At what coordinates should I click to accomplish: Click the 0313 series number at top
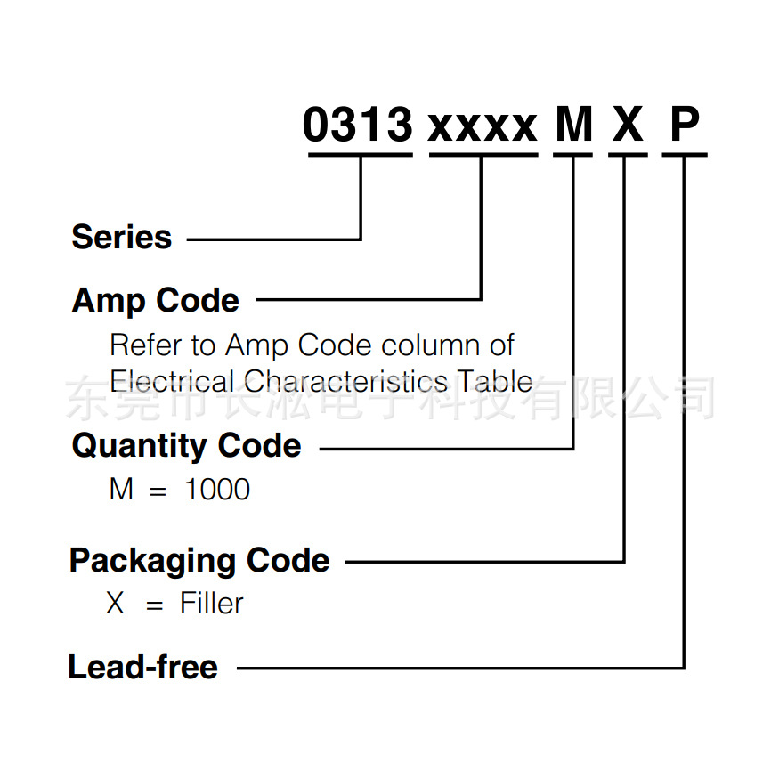click(x=358, y=125)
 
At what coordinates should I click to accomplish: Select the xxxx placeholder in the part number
click(x=483, y=127)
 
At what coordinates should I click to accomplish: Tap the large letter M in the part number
click(x=573, y=125)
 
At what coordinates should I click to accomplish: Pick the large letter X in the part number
click(x=628, y=125)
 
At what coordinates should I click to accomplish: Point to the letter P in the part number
click(x=685, y=125)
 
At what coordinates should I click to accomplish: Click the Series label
click(x=121, y=238)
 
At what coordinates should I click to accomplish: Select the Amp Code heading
click(x=155, y=301)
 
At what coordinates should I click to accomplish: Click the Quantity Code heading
click(x=186, y=445)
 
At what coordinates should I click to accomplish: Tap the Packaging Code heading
click(x=199, y=561)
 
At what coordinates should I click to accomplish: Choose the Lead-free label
click(x=142, y=667)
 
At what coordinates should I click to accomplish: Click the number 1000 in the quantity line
click(x=217, y=490)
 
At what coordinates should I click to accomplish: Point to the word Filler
click(x=212, y=604)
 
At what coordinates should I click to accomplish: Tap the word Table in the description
click(x=496, y=381)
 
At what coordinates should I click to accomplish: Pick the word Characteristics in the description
click(x=346, y=381)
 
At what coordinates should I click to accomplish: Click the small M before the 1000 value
click(x=121, y=490)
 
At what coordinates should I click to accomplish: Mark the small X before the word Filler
click(x=116, y=604)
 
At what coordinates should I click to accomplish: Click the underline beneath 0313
click(x=360, y=156)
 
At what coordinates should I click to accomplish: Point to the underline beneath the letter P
click(x=684, y=156)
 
